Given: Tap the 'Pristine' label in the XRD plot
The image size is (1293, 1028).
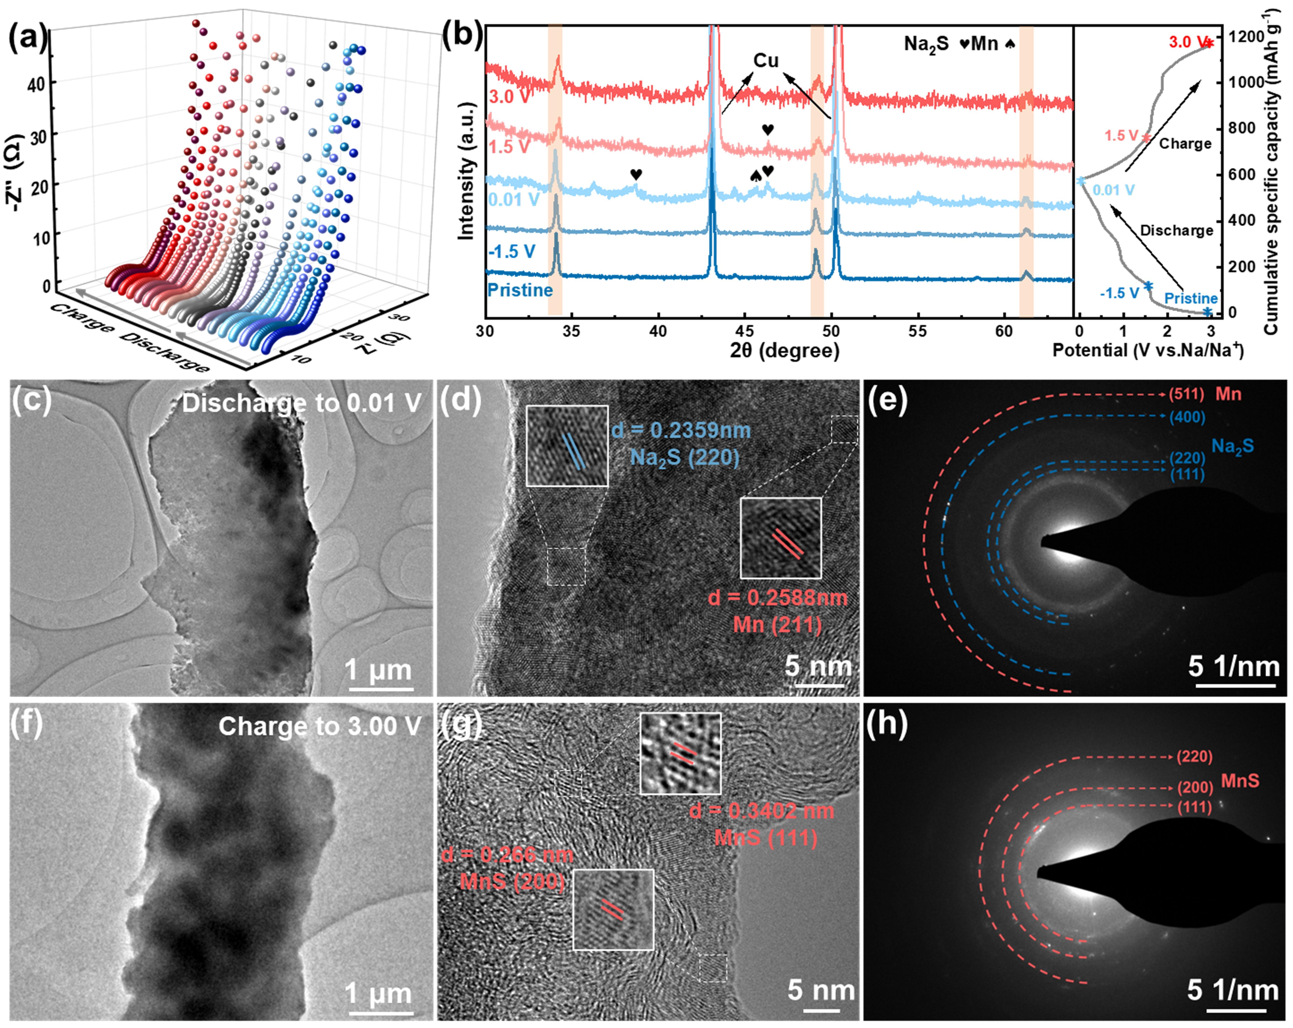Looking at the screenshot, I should pos(519,290).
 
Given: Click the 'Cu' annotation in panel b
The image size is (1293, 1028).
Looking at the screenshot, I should pos(766,61).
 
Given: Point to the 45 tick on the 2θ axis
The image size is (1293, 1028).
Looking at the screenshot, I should pos(744,331).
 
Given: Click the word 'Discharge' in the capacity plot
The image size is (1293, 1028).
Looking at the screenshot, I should pos(1176,230).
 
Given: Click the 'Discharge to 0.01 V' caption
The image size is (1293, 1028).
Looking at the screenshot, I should pos(302,403).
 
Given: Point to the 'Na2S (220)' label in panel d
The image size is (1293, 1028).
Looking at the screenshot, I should pos(684,457).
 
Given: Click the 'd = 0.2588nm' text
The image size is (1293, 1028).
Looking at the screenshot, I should pos(778,598).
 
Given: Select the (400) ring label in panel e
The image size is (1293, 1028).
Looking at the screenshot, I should pos(1187,417).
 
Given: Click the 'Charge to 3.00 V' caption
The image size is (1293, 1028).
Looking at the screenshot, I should pos(320,726).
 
